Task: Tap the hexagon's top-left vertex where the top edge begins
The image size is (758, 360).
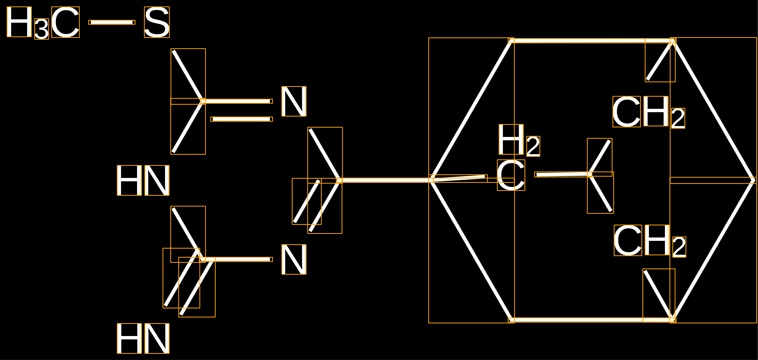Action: click(511, 40)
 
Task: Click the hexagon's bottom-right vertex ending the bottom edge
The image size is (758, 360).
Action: click(673, 320)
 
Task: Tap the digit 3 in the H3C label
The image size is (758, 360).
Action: click(42, 29)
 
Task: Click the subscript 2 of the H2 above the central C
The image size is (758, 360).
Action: click(533, 146)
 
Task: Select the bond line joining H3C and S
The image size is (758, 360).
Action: click(112, 22)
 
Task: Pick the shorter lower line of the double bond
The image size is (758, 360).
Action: click(241, 119)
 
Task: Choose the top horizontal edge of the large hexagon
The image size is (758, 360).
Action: click(592, 40)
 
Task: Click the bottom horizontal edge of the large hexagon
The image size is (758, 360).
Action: click(592, 320)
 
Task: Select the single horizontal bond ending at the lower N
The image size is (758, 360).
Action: click(236, 259)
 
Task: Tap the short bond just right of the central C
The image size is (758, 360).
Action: click(563, 174)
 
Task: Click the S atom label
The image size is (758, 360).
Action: click(157, 22)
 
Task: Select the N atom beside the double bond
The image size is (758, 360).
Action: click(294, 101)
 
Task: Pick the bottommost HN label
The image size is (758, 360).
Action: click(143, 338)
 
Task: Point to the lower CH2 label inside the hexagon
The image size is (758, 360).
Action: click(650, 241)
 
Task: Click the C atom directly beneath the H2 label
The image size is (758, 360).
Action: click(511, 175)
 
